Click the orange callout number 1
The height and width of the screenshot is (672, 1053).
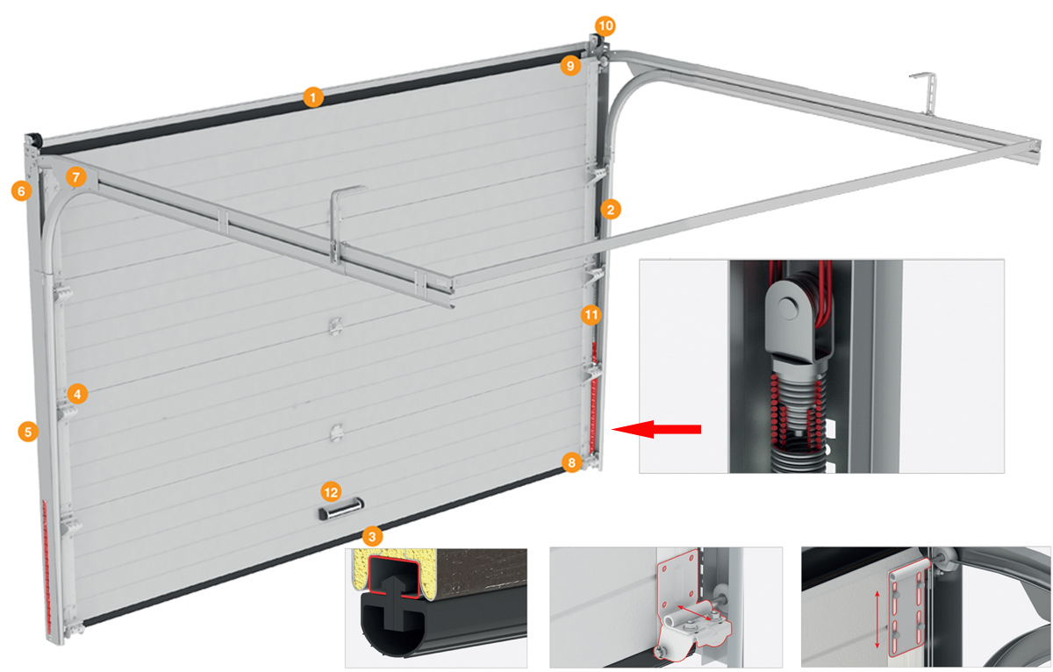tap(313, 97)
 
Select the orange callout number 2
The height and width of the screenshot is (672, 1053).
tap(610, 209)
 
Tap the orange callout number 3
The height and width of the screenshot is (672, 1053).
tap(372, 536)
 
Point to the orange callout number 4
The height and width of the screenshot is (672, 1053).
tap(77, 394)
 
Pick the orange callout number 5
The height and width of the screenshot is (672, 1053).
tap(28, 432)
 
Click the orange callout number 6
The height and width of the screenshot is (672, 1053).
tap(21, 190)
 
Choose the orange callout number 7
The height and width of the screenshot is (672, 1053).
tap(75, 177)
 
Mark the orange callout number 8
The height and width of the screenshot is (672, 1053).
tap(571, 463)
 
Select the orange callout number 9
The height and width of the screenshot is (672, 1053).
tap(570, 65)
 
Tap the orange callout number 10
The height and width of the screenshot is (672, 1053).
tap(605, 25)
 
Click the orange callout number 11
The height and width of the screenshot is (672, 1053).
tap(591, 315)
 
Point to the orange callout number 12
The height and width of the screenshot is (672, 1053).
tap(331, 492)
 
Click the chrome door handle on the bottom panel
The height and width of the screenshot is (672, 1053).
tap(341, 510)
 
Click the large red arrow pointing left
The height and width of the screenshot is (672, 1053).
tap(656, 429)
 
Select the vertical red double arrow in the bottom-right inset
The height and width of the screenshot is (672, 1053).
tap(877, 620)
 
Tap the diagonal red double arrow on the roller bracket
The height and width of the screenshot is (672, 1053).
tap(697, 613)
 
